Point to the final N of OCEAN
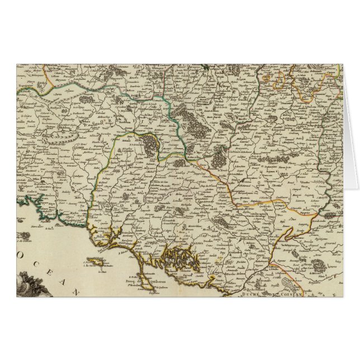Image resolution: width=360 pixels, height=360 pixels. [78, 292]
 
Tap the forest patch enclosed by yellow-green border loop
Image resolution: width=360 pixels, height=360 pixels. [151, 144]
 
